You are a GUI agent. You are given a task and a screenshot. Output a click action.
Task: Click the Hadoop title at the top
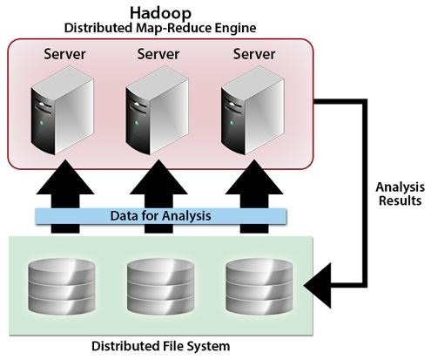160,13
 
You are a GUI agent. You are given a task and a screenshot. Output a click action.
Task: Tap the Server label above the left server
64,54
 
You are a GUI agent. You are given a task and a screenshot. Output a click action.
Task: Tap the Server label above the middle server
158,54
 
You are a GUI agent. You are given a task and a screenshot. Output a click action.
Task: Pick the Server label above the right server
254,54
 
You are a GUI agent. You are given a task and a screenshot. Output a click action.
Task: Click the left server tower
62,111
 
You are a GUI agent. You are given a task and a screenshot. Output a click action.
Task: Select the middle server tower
157,111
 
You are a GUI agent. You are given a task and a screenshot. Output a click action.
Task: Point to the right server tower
253,111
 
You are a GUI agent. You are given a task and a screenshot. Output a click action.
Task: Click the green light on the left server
42,123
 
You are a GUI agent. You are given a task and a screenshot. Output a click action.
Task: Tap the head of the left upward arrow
65,177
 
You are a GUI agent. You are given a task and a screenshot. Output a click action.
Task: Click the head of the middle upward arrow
158,177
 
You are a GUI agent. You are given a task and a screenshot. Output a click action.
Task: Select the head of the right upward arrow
254,177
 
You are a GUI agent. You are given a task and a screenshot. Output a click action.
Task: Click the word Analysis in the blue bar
186,216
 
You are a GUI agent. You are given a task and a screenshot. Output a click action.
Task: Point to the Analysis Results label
400,194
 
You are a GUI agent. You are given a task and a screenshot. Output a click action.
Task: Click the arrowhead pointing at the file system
318,285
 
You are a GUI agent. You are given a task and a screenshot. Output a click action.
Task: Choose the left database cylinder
62,287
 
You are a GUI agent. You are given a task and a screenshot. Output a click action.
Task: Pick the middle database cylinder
160,287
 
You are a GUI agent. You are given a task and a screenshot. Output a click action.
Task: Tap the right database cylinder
259,287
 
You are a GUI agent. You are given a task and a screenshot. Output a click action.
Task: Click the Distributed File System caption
161,346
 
